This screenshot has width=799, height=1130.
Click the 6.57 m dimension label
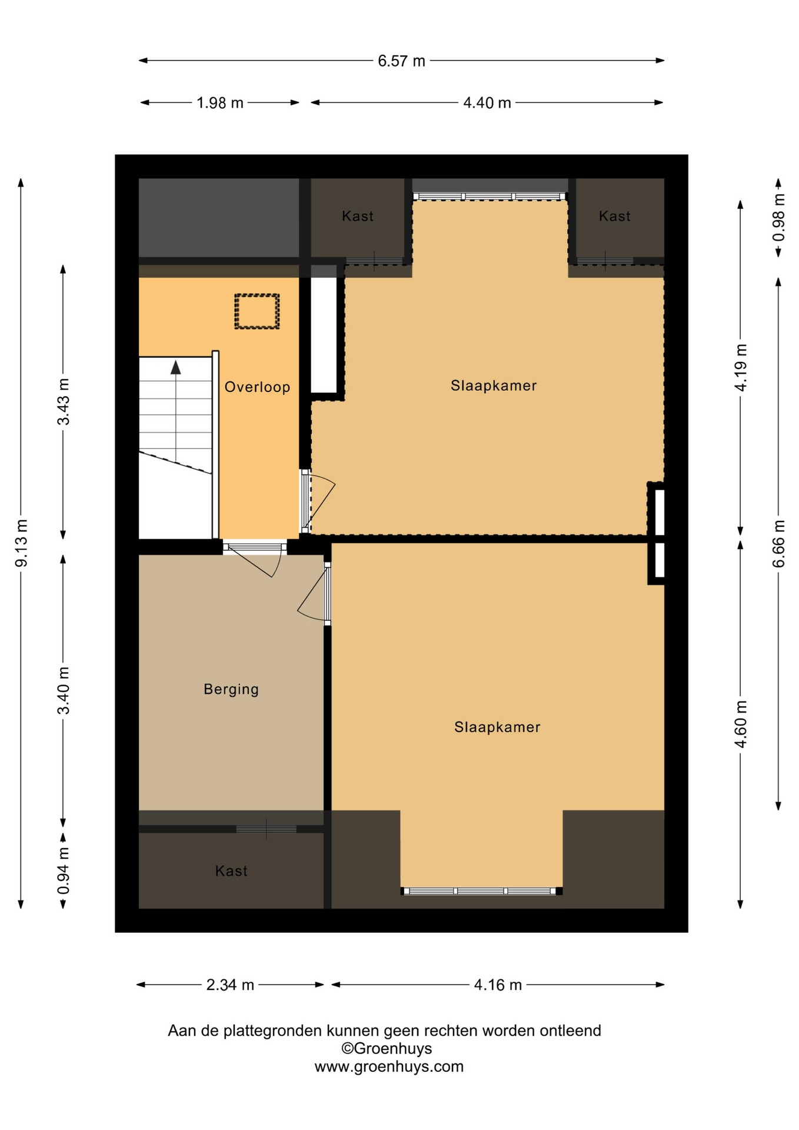tap(401, 61)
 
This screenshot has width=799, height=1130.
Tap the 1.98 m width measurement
tap(219, 103)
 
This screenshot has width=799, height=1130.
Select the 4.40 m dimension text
tap(487, 103)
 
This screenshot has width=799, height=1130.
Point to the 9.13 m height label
tap(21, 543)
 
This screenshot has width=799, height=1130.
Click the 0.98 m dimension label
tap(778, 218)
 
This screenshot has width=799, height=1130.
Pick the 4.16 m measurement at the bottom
tap(498, 985)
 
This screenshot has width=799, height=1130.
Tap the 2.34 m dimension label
tap(230, 985)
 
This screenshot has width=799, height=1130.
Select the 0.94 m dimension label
tap(64, 870)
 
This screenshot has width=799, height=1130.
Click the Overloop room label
tap(257, 387)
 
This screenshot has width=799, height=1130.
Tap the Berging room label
tap(231, 689)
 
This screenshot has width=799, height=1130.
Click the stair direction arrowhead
tap(175, 367)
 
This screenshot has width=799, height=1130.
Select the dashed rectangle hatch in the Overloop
tap(257, 311)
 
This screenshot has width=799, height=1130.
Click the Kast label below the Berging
tap(231, 871)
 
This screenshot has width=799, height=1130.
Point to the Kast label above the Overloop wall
tap(358, 217)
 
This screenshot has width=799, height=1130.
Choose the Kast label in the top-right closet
tap(615, 217)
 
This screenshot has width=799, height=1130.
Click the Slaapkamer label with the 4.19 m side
tap(494, 386)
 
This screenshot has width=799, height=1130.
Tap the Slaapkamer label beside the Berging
tap(497, 727)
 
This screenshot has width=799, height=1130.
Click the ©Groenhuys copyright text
tap(387, 1049)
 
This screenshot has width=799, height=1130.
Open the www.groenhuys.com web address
tap(389, 1067)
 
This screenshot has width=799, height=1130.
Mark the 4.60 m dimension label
tap(741, 724)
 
